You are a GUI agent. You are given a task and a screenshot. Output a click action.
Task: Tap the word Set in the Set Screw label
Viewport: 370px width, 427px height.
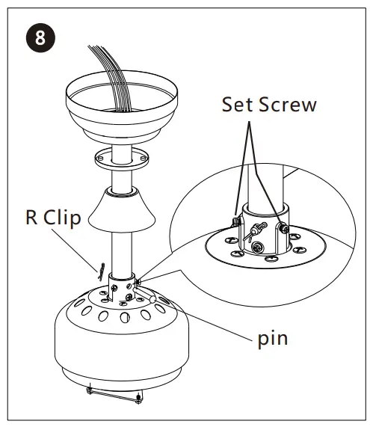[x=238, y=104]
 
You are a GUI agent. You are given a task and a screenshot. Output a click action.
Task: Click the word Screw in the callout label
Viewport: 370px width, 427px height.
[x=289, y=104]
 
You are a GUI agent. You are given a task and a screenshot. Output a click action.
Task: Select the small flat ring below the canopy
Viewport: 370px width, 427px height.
[x=121, y=159]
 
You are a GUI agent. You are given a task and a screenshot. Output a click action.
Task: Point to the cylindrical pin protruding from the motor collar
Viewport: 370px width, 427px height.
[x=152, y=296]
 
